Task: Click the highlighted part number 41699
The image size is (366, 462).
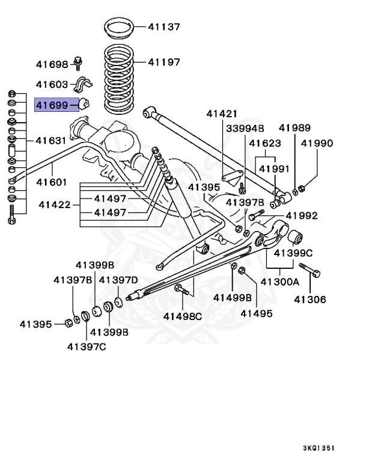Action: coord(53,105)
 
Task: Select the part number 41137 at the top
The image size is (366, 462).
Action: coord(164,27)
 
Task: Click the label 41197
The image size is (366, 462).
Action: coord(164,61)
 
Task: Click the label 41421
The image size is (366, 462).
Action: coord(222,113)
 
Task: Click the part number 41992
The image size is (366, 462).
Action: coord(301,215)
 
